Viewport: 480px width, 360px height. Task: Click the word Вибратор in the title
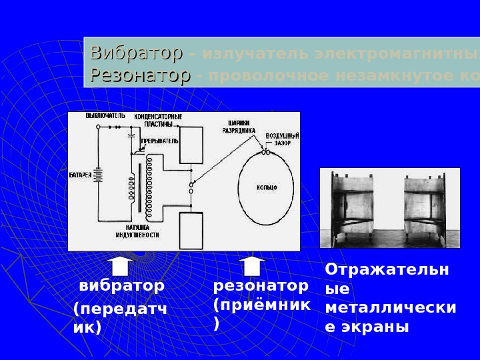pos(136,53)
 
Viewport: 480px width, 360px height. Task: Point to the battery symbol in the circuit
pos(98,175)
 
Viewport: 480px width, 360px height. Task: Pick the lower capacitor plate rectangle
pos(191,230)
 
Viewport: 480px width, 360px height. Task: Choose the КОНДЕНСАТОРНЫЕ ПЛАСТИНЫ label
pos(159,120)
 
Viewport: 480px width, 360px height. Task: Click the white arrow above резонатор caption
pos(252,265)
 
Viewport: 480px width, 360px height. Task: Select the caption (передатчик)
pos(120,319)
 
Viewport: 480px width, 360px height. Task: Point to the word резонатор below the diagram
pos(261,286)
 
